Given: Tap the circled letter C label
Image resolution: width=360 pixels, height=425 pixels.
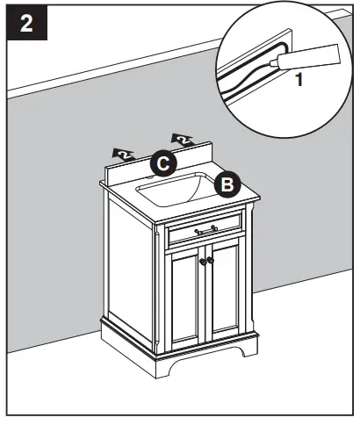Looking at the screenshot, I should pyautogui.click(x=162, y=162).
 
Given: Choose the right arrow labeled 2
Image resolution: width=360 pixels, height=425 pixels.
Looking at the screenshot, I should pyautogui.click(x=183, y=139).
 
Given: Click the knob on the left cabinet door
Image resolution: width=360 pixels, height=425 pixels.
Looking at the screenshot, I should pyautogui.click(x=202, y=260).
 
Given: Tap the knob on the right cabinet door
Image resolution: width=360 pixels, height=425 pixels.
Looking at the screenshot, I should pyautogui.click(x=212, y=260).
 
